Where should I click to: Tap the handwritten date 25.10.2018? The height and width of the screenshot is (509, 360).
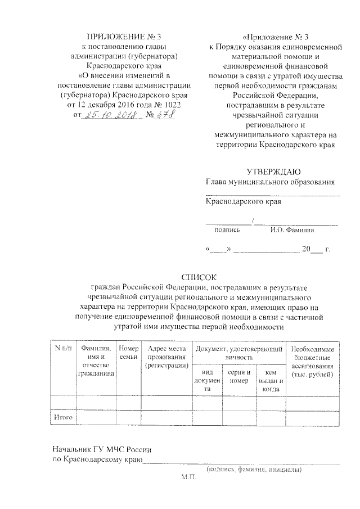tap(108, 115)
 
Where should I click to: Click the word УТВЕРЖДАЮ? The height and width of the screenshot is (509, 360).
tap(273, 172)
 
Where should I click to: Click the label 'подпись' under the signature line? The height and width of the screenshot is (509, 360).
tap(227, 229)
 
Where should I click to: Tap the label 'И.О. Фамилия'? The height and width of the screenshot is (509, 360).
tap(292, 229)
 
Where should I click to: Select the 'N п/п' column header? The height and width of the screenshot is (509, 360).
tap(63, 349)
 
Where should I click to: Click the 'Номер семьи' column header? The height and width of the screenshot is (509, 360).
tap(129, 353)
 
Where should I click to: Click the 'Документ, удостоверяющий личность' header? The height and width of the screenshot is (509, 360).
tap(238, 353)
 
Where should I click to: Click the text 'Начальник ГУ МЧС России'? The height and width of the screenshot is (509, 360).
tap(101, 450)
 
